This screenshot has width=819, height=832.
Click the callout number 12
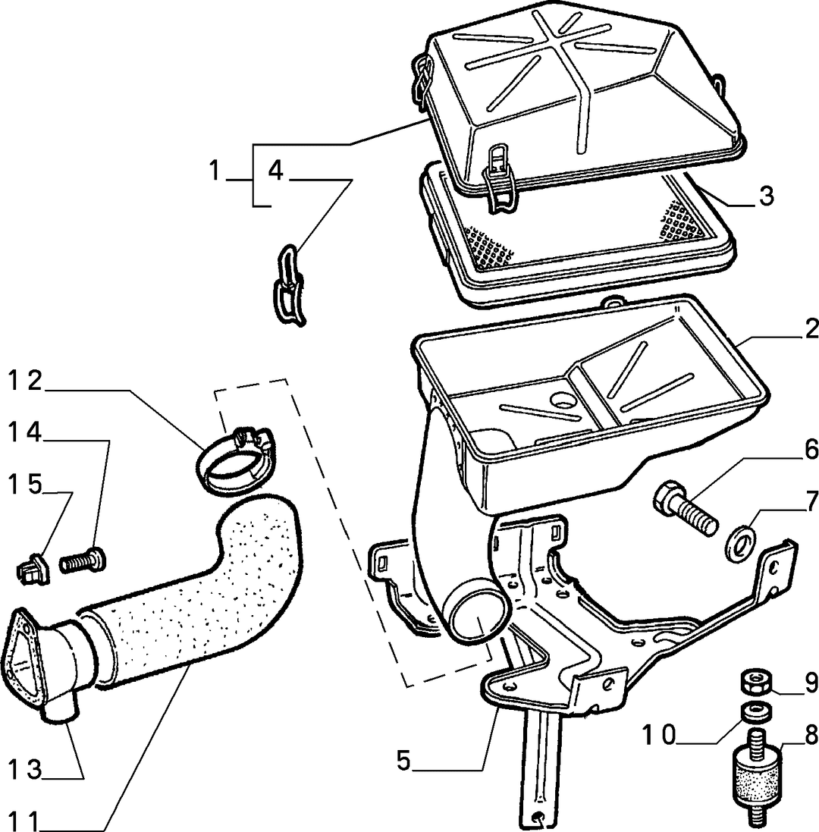tap(25, 381)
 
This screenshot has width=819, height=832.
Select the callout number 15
tap(25, 485)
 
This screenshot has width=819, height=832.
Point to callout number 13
tap(25, 770)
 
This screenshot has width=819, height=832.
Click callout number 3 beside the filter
tap(765, 196)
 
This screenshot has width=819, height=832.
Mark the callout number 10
tap(660, 736)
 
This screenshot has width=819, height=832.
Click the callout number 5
tap(404, 761)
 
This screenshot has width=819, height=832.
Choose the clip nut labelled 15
tap(33, 568)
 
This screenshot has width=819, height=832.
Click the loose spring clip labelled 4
tap(290, 284)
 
